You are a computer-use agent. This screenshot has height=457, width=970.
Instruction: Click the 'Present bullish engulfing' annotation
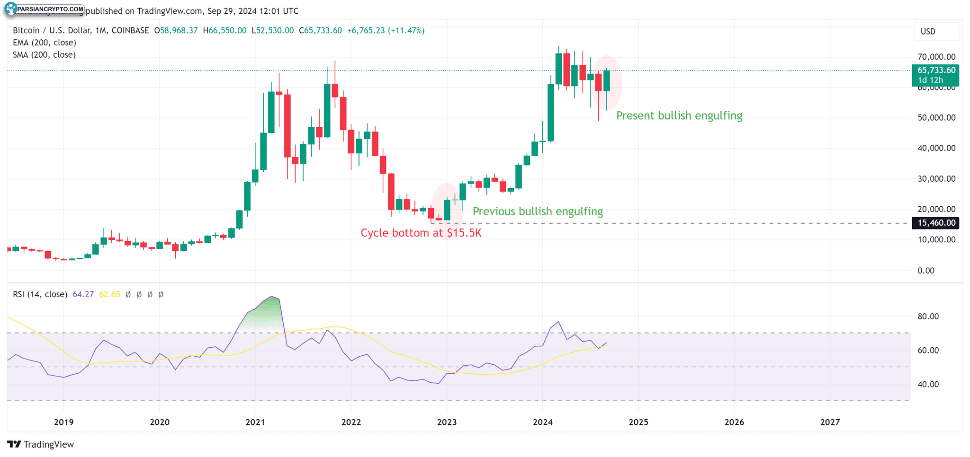click(x=679, y=116)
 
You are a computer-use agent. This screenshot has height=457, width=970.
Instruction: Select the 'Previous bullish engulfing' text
click(x=538, y=211)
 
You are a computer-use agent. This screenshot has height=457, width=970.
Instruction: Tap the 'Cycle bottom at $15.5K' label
click(x=421, y=233)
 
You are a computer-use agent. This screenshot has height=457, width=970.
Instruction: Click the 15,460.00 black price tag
click(x=935, y=223)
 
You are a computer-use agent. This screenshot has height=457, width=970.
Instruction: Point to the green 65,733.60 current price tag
click(x=935, y=75)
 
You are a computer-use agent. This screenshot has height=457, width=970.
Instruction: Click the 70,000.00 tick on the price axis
click(x=936, y=57)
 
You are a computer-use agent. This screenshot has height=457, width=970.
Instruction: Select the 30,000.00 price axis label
click(x=936, y=179)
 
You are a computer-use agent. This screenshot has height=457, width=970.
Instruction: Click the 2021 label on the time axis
click(x=255, y=422)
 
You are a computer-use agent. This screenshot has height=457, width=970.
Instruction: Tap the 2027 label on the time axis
click(x=830, y=422)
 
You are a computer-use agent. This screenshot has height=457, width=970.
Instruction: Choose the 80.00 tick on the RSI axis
click(x=928, y=316)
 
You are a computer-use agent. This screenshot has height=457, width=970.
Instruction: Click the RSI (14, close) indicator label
click(x=40, y=294)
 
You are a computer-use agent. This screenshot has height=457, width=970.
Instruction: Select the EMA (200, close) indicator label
click(x=45, y=43)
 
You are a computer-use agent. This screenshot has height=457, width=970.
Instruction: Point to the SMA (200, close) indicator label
click(x=44, y=55)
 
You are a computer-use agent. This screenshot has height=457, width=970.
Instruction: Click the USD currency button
click(x=928, y=32)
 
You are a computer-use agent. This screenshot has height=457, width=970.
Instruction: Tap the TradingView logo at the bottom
click(x=41, y=444)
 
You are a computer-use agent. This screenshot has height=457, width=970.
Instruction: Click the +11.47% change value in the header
click(x=406, y=31)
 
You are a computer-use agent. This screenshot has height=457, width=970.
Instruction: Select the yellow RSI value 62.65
click(x=109, y=294)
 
